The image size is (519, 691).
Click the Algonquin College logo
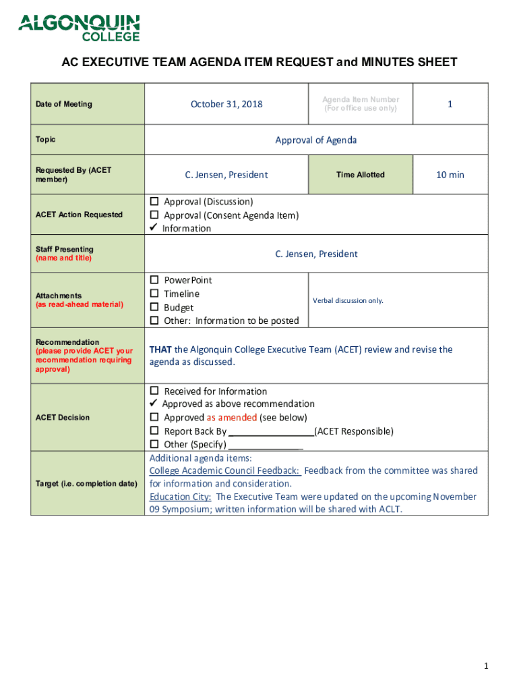pos(79,28)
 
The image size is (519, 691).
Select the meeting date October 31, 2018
pos(226,104)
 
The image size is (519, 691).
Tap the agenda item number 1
pos(450,104)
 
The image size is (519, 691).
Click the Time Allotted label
pos(361,175)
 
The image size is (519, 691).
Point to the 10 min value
pos(450,175)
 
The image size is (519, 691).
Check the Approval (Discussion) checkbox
pos(154,202)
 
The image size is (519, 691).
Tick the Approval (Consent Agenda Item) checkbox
pos(154,215)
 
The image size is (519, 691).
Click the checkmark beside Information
pos(154,228)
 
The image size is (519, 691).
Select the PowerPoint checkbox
pos(154,280)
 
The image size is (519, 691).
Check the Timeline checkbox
pos(154,294)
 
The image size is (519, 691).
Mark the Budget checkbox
pos(154,308)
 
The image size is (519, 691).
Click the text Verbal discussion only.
pos(348,300)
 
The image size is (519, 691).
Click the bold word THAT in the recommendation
pos(160,350)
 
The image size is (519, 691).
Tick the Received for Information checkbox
pos(154,391)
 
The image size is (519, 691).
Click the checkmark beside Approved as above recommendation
pos(154,404)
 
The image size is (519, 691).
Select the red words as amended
pos(231,418)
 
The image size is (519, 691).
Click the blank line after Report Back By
pos(272,432)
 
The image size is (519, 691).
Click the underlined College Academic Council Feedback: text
pos(224,470)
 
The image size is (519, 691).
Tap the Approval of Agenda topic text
pos(315,140)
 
